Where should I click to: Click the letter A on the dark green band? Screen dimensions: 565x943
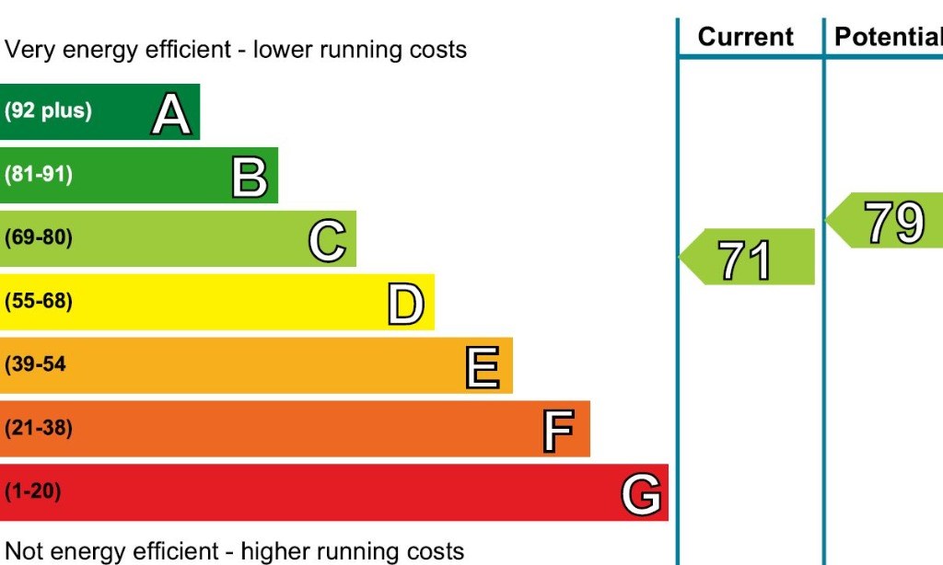click(171, 114)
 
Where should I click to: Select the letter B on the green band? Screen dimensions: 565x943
click(249, 178)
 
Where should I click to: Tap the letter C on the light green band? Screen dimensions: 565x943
click(327, 241)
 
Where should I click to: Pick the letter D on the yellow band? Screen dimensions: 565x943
click(405, 305)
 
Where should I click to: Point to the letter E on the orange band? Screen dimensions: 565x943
click(483, 368)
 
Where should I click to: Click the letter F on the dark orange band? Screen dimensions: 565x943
click(558, 432)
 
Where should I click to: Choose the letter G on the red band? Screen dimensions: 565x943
click(641, 495)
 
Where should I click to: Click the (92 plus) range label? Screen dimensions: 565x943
click(48, 111)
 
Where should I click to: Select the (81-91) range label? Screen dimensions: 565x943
click(39, 174)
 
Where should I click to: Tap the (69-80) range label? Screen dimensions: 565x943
click(39, 237)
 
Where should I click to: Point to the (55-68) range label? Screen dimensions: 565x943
click(39, 301)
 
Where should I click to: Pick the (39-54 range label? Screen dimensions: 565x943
click(36, 364)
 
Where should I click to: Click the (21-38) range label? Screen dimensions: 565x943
click(39, 428)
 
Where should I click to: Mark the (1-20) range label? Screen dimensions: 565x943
click(33, 491)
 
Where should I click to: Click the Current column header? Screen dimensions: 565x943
click(745, 37)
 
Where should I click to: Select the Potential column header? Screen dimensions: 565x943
click(887, 37)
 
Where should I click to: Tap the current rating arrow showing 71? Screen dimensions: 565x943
click(747, 258)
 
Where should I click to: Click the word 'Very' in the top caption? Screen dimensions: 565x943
click(29, 49)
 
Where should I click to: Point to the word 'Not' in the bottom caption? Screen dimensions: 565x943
click(25, 551)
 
